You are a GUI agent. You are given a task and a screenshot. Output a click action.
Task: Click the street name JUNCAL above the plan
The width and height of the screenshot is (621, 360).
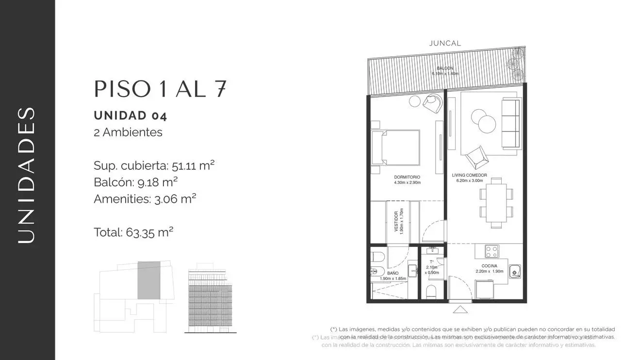(x=445, y=43)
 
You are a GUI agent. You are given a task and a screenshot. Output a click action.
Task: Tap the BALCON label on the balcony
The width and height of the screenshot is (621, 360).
(x=445, y=68)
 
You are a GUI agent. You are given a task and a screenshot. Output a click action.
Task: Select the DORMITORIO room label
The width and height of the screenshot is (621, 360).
(x=408, y=177)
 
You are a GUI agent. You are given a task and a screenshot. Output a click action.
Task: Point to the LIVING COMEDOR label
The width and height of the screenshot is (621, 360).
(x=469, y=175)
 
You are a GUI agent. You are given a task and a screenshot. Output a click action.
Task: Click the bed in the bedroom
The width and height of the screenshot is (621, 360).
(x=395, y=147)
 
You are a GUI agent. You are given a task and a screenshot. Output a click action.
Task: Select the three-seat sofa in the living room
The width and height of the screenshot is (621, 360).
(x=509, y=124)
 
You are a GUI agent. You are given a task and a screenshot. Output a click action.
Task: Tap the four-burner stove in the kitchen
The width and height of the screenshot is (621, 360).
(x=491, y=251)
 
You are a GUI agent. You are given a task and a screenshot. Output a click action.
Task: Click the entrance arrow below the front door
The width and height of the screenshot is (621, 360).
(x=460, y=309)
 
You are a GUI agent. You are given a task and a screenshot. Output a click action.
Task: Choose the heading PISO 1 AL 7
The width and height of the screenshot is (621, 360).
(x=160, y=89)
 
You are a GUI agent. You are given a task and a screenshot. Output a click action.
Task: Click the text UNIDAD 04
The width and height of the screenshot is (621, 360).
(x=130, y=115)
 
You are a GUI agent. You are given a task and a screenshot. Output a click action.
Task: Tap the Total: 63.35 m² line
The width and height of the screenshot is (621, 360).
(x=133, y=232)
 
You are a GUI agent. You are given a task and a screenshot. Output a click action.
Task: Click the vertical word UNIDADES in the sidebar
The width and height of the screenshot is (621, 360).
(x=27, y=175)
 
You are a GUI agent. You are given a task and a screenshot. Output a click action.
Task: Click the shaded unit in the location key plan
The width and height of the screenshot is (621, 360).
(x=148, y=280)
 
